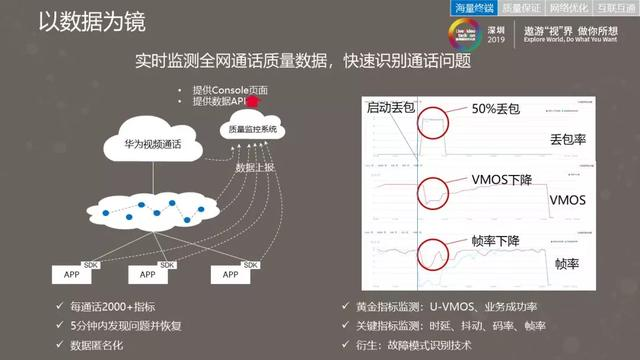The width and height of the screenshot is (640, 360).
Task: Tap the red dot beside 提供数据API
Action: pos(254,101)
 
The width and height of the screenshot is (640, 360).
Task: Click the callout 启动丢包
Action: pos(389,106)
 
